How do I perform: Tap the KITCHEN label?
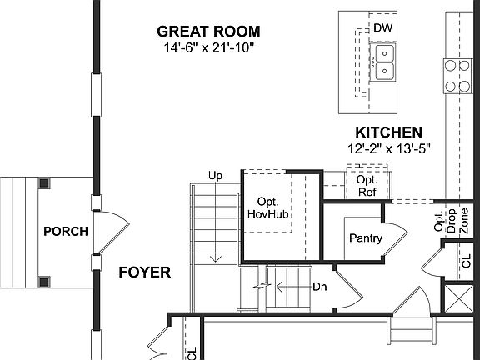pyautogui.click(x=388, y=132)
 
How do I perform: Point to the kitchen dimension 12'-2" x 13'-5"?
pyautogui.click(x=388, y=148)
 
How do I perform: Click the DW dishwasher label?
pyautogui.click(x=382, y=28)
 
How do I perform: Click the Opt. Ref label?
pyautogui.click(x=367, y=186)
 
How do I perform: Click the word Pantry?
pyautogui.click(x=366, y=238)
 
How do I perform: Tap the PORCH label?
pyautogui.click(x=65, y=231)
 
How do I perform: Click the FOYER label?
pyautogui.click(x=144, y=272)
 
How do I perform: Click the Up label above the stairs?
pyautogui.click(x=215, y=175)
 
